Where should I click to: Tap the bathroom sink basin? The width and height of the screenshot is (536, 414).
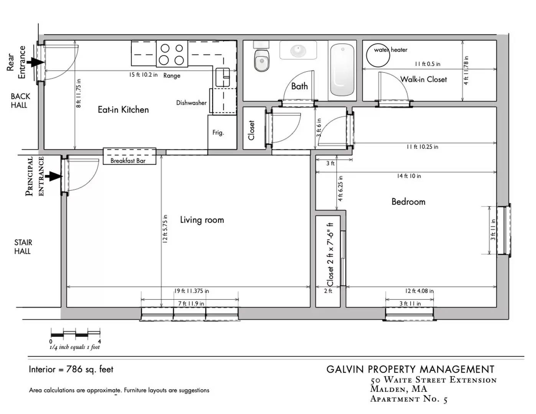298,51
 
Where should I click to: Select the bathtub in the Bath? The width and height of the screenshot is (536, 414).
342,70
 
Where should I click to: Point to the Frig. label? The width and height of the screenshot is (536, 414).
218,133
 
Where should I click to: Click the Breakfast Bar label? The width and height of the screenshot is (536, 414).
128,161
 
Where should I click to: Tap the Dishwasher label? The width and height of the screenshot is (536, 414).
191,103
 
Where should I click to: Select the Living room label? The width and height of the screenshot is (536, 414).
202,220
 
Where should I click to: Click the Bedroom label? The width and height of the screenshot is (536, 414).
408,202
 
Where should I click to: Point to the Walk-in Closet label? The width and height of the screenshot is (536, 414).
423,79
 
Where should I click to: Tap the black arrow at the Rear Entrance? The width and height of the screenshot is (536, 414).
36,62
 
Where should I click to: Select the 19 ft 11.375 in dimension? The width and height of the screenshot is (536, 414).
191,291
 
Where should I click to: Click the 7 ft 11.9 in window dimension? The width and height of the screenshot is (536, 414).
191,304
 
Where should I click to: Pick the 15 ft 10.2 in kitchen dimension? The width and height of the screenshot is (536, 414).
143,75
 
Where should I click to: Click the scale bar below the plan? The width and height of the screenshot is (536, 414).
76,333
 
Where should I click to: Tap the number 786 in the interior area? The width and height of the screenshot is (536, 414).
74,369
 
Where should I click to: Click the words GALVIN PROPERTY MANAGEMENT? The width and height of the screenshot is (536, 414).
411,370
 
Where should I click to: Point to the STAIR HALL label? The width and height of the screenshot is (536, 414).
23,247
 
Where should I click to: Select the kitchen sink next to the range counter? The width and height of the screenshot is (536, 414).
222,77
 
